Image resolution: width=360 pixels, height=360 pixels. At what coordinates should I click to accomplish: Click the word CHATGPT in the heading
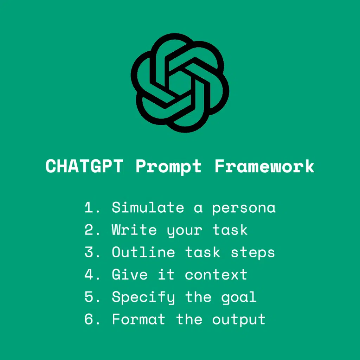click(84, 166)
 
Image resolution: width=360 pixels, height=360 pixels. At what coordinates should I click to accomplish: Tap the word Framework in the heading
click(264, 166)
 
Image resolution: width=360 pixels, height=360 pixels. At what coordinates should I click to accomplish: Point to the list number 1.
click(90, 208)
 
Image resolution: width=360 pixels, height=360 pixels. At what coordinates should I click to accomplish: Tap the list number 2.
click(90, 230)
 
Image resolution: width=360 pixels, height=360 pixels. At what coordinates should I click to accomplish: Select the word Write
click(134, 230)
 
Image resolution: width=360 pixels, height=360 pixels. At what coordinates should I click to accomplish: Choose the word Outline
click(143, 252)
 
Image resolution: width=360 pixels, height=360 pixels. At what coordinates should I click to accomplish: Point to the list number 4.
click(90, 275)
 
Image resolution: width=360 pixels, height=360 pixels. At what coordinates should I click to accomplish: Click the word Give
click(130, 275)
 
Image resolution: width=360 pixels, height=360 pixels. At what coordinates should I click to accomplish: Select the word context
click(216, 275)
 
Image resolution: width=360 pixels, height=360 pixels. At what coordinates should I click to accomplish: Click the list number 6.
click(90, 319)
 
